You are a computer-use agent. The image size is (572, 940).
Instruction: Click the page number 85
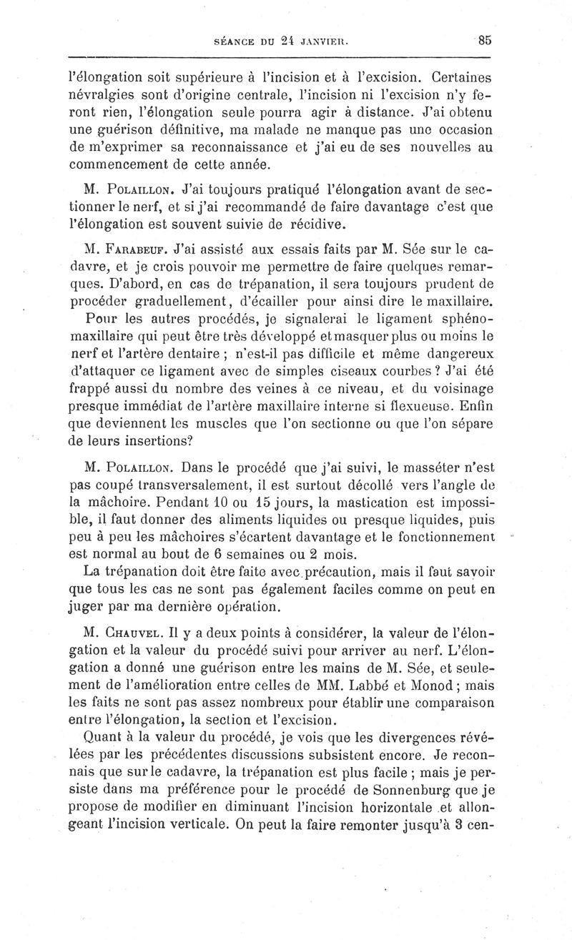pos(484,41)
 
